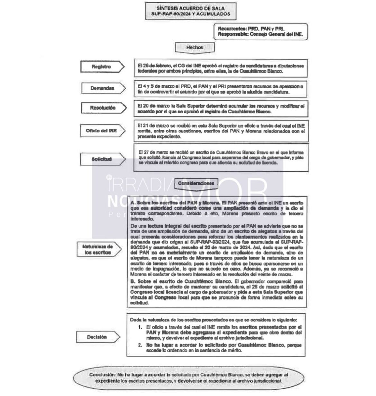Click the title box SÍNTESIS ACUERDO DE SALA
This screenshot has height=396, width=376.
pos(191,11)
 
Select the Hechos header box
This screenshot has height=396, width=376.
pos(195,48)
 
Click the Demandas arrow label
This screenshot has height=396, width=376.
pos(103,88)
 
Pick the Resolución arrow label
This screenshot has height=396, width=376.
pos(103,108)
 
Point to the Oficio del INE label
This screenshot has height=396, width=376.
pos(102,131)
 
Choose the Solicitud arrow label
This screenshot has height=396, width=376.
pos(102,159)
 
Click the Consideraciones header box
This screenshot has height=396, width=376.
pos(196,183)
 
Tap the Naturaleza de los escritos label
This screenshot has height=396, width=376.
pos(98,249)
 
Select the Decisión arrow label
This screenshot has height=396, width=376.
pos(97,337)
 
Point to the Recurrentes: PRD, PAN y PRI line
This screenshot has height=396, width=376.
pos(251,29)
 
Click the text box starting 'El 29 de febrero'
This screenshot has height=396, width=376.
pos(220,68)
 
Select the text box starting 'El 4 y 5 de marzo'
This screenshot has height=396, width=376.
pos(220,89)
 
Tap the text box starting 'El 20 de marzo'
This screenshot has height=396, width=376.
pos(220,109)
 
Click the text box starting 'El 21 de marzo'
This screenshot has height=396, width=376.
pos(221,131)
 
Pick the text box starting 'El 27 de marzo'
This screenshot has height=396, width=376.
pos(221,158)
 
